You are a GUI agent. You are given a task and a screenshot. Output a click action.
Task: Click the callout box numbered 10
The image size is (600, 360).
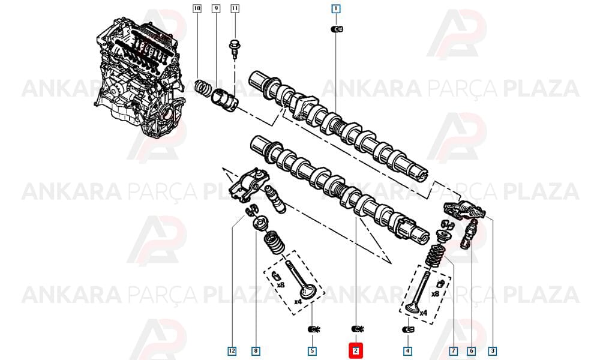[x=197, y=8]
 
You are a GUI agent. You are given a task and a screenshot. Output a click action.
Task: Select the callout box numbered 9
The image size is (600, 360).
[x=216, y=8]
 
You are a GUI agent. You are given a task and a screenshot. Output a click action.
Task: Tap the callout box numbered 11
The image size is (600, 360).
[x=235, y=8]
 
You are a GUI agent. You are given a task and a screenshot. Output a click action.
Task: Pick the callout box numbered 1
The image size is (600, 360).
[x=335, y=8]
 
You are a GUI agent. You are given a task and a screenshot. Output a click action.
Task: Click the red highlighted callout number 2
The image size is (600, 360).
[x=356, y=351]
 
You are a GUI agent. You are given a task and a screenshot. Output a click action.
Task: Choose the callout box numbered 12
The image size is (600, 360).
[x=232, y=351]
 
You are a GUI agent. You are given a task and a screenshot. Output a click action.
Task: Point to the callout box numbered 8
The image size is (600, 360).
[x=256, y=351]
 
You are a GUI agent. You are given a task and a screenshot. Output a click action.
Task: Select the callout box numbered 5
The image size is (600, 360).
[x=312, y=351]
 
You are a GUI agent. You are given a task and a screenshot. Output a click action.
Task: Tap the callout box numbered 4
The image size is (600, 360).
[x=407, y=351]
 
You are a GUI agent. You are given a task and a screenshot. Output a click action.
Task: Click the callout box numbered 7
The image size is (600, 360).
[x=454, y=351]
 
